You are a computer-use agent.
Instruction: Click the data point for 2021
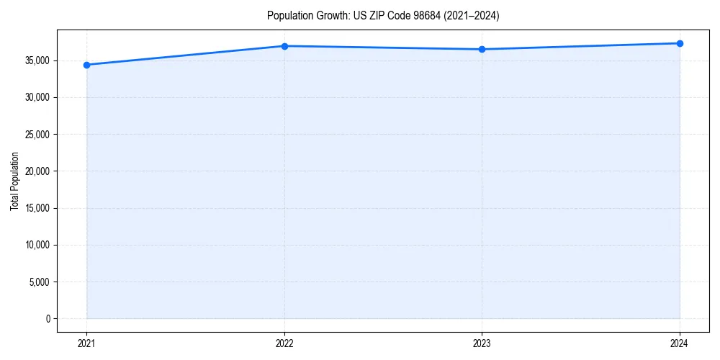tap(86, 65)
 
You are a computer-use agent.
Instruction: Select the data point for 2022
tap(284, 46)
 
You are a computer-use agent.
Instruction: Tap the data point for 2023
tap(482, 49)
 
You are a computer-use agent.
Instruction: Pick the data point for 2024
tap(680, 43)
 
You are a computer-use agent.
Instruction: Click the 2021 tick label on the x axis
tap(86, 343)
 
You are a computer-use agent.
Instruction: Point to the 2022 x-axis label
tap(284, 343)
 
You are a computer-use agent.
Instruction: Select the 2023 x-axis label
tap(482, 343)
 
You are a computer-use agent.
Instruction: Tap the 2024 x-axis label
tap(680, 343)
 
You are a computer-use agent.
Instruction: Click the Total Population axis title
tap(14, 181)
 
